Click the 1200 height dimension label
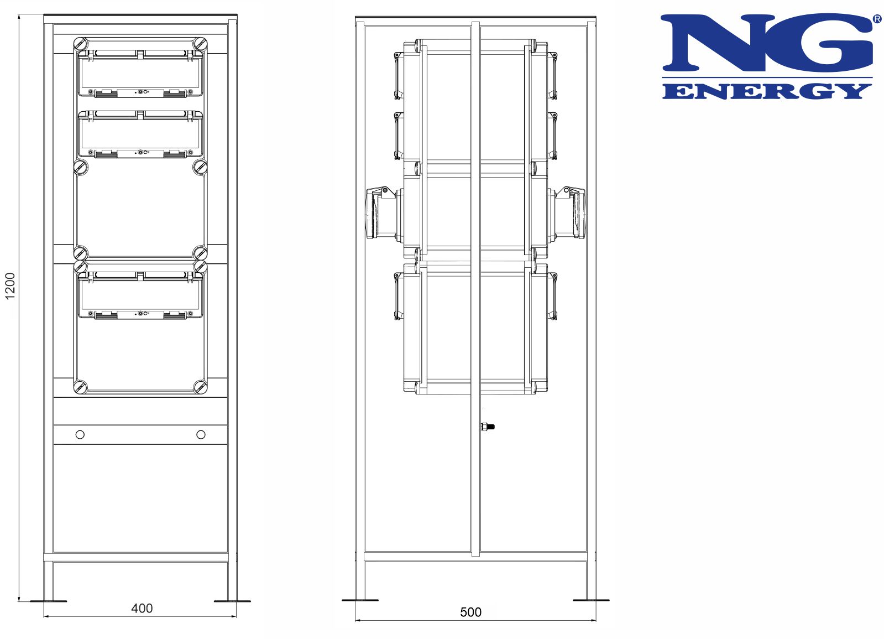(x=10, y=286)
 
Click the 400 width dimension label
(x=142, y=608)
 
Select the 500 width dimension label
(x=470, y=612)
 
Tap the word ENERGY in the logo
(x=767, y=91)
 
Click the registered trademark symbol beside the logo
(x=877, y=19)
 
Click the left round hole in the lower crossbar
(x=80, y=435)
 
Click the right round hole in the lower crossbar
(x=201, y=435)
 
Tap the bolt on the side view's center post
(x=488, y=427)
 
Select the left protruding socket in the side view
(x=381, y=213)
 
